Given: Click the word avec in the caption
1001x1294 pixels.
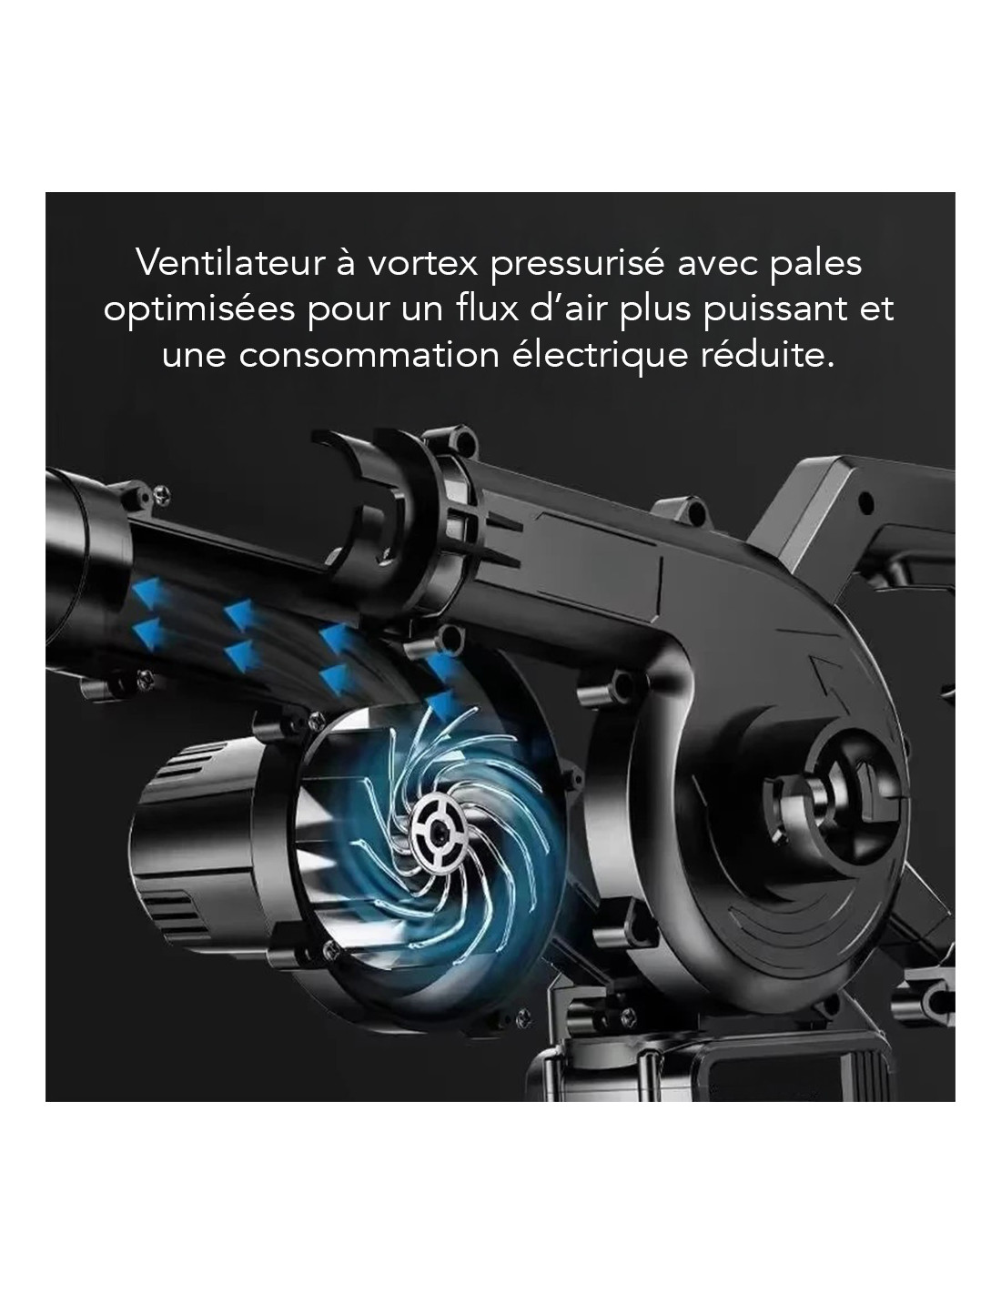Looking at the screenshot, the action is [x=717, y=266].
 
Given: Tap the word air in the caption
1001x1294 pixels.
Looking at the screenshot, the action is [x=587, y=308].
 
